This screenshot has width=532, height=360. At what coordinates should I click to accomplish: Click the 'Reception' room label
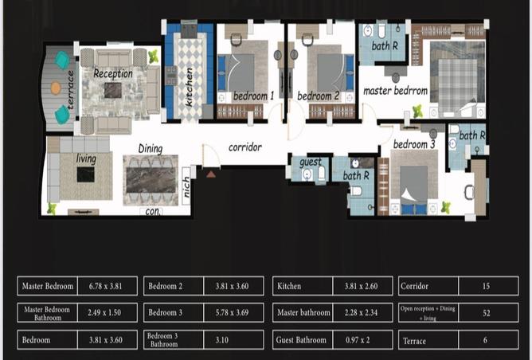(x=113, y=73)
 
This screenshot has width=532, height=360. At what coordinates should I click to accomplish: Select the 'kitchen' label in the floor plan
(x=190, y=87)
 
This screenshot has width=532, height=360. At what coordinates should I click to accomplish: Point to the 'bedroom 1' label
(x=253, y=96)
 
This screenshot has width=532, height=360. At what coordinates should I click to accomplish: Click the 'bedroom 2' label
(x=319, y=96)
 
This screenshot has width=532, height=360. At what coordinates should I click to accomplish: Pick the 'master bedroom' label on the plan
(x=396, y=91)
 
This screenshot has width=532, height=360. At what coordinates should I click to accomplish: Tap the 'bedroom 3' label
(x=414, y=144)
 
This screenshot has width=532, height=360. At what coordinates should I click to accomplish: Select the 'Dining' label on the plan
(x=151, y=148)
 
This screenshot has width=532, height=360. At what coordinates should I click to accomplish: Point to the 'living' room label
(x=86, y=159)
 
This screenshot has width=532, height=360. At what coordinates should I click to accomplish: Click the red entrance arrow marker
(x=210, y=172)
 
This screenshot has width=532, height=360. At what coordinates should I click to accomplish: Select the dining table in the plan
(x=151, y=180)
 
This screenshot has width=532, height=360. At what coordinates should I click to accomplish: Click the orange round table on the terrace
(x=56, y=88)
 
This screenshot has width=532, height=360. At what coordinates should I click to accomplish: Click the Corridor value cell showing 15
(x=486, y=286)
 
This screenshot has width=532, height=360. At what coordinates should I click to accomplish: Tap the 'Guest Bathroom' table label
(x=303, y=340)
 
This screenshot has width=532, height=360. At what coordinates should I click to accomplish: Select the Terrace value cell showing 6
(x=486, y=340)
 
